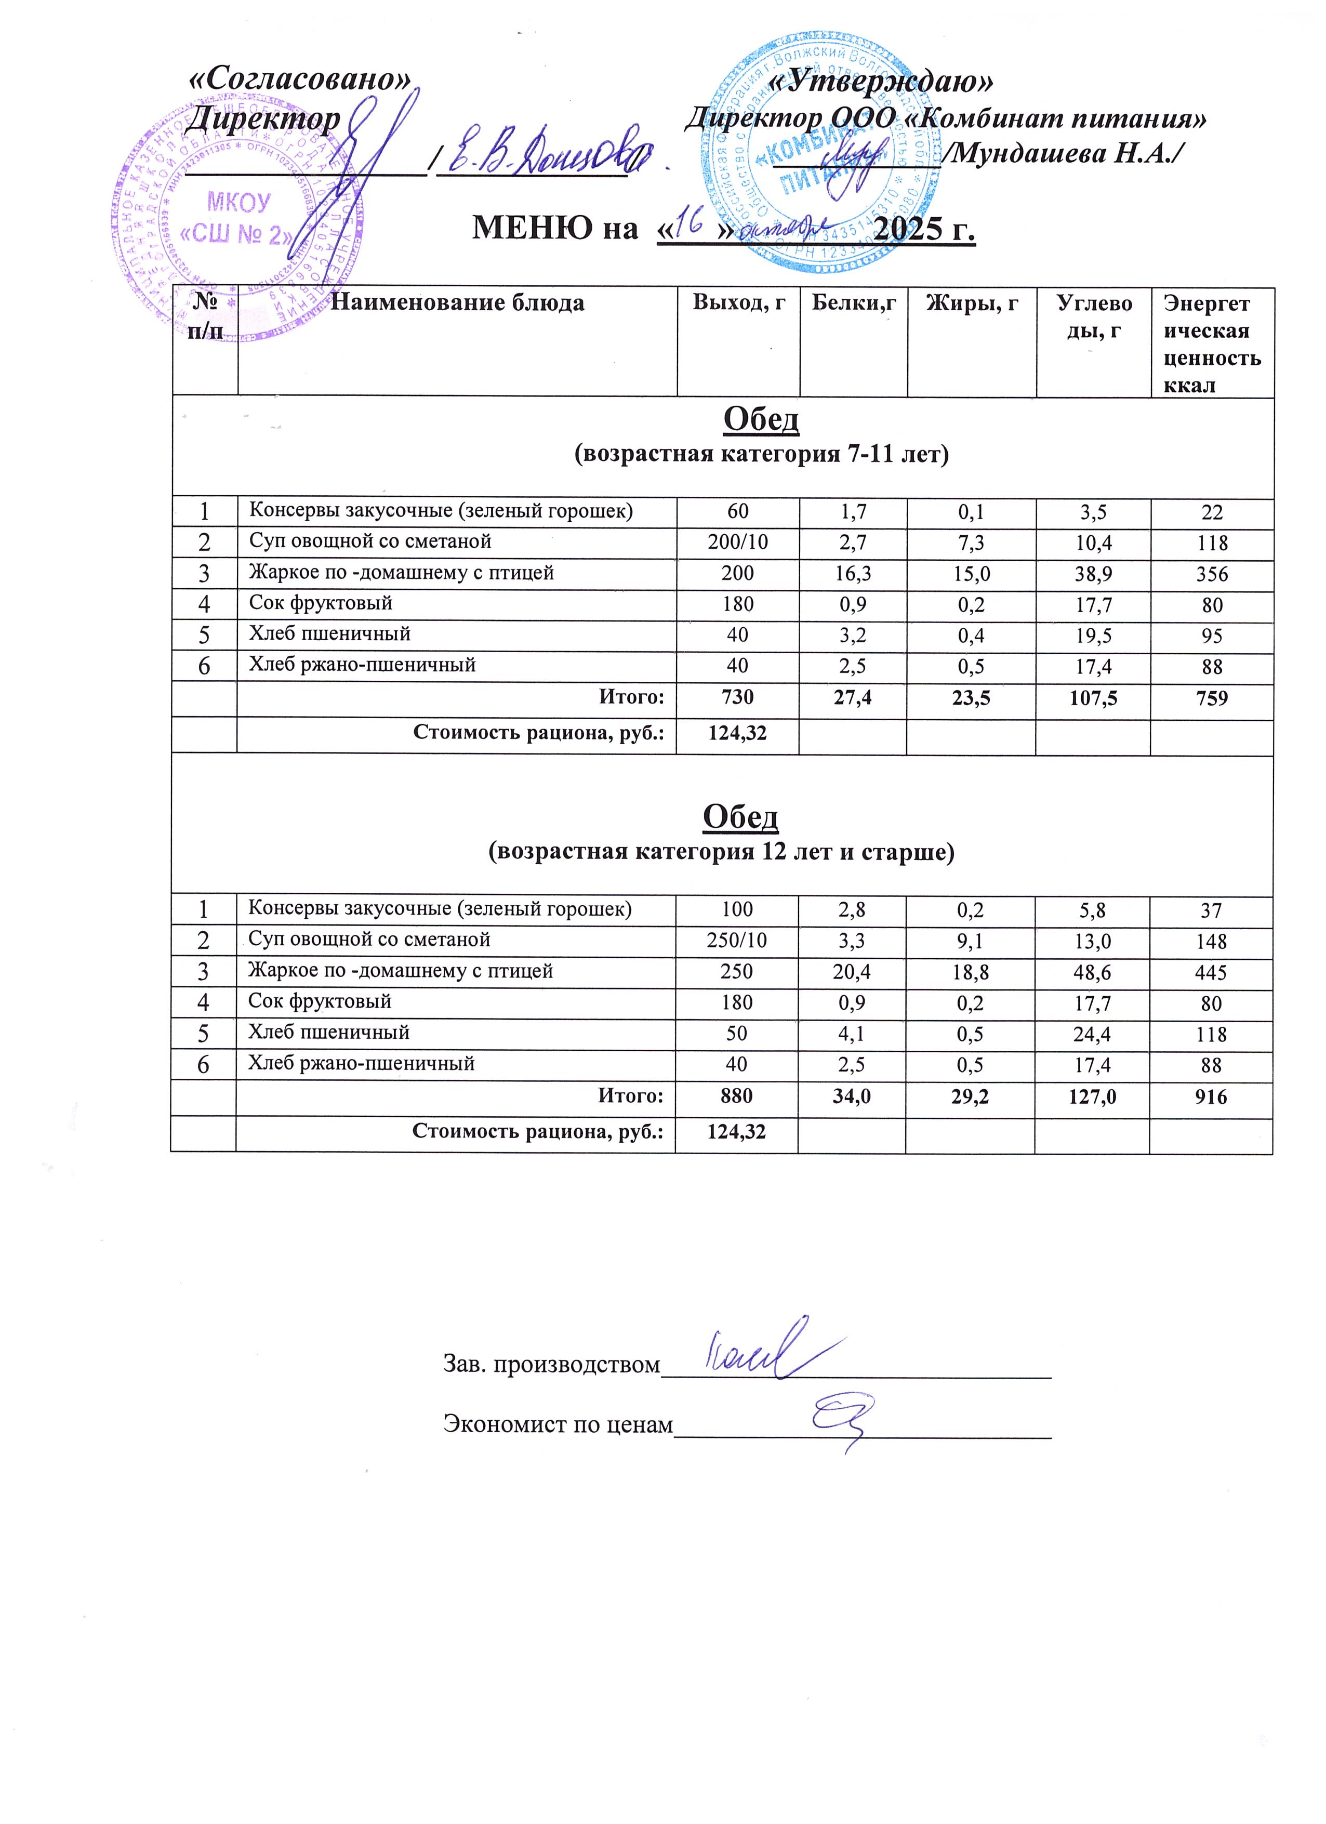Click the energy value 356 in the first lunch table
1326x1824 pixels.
pos(1211,574)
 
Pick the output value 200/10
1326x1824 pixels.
pos(737,543)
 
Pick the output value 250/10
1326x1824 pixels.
pos(737,941)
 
